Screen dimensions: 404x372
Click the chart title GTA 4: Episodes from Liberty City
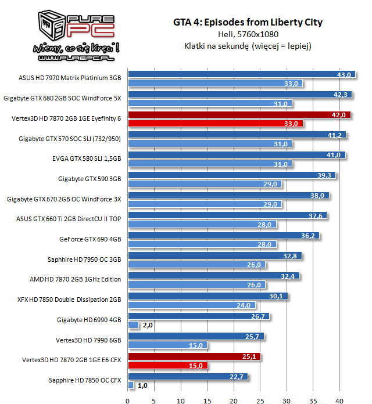coord(247,23)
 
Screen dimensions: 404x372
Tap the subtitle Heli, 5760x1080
coord(247,35)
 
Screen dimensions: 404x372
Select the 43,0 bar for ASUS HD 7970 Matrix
coord(233,74)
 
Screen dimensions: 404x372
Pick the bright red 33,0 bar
coord(215,124)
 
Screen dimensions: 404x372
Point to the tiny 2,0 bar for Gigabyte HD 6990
coord(133,325)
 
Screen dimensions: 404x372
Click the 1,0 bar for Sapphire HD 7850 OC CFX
coord(131,385)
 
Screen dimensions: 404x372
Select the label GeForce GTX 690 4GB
coord(90,239)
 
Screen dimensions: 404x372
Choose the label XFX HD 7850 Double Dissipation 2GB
coord(69,300)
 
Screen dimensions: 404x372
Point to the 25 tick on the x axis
coord(260,400)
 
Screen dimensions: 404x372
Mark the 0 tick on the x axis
coord(128,400)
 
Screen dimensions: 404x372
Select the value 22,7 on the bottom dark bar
coord(237,377)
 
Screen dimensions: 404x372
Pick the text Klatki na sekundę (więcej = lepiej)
coord(247,46)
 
